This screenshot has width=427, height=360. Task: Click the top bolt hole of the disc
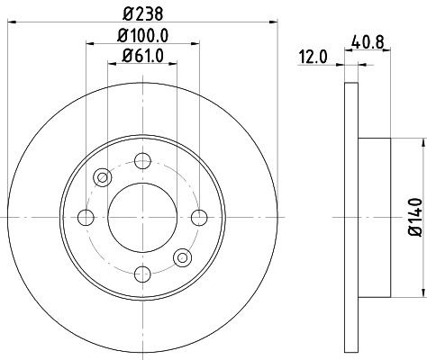141,162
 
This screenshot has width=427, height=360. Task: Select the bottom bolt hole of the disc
141,271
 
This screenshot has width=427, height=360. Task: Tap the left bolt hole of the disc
86,217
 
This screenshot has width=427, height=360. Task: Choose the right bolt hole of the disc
195,217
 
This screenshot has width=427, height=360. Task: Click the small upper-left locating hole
102,177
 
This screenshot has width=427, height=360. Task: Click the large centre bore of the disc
141,217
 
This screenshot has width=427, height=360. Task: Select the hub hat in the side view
375,217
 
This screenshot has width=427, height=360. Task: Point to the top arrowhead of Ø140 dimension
419,144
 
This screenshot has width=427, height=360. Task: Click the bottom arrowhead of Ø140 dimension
419,291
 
